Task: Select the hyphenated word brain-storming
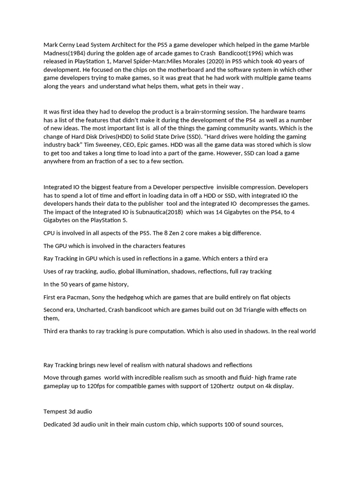click(215, 112)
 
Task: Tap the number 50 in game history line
click(66, 284)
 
